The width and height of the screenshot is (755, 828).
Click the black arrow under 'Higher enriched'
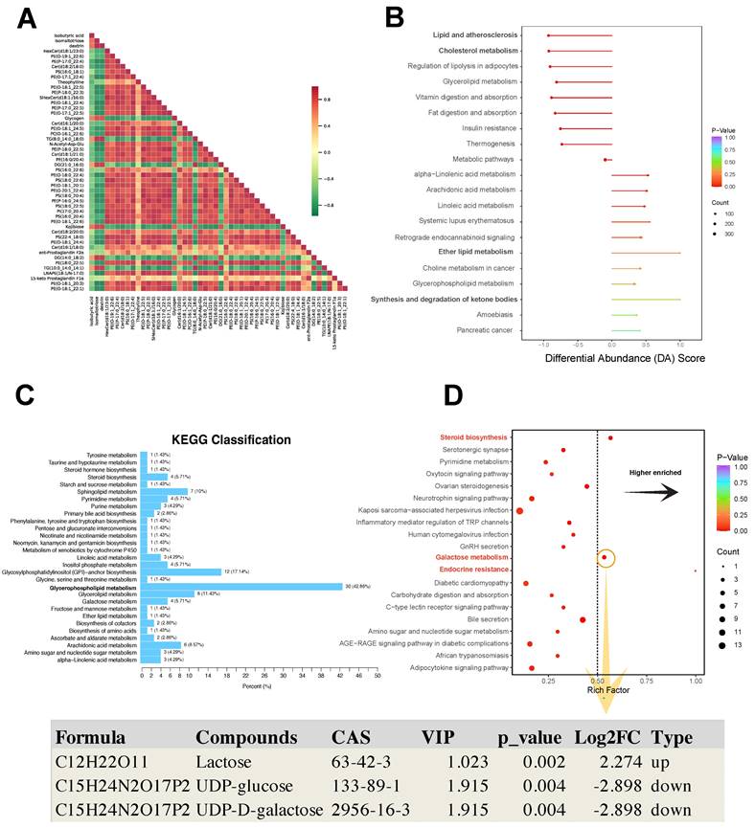click(x=652, y=492)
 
